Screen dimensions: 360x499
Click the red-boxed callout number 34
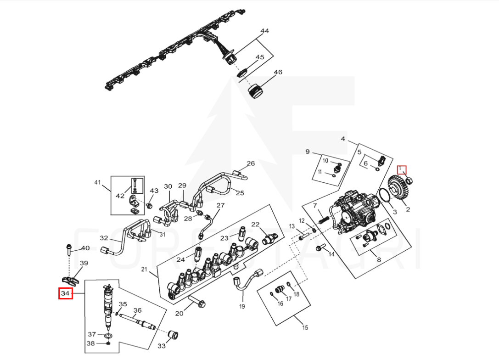[66, 293]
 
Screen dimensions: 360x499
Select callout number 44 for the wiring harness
[264, 31]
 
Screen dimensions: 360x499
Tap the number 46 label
[278, 72]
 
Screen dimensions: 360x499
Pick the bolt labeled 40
[68, 249]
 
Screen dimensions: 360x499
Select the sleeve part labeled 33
[173, 335]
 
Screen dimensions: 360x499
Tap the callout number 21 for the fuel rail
[144, 269]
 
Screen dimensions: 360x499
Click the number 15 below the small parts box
[305, 327]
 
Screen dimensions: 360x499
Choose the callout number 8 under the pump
[379, 260]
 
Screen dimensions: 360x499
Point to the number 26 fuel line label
[250, 163]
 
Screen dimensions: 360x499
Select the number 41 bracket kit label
[97, 182]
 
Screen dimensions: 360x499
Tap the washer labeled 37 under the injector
[108, 335]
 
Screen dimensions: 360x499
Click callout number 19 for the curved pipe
[242, 306]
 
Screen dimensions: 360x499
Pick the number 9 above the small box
[308, 152]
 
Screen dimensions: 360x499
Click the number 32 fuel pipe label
[104, 238]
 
